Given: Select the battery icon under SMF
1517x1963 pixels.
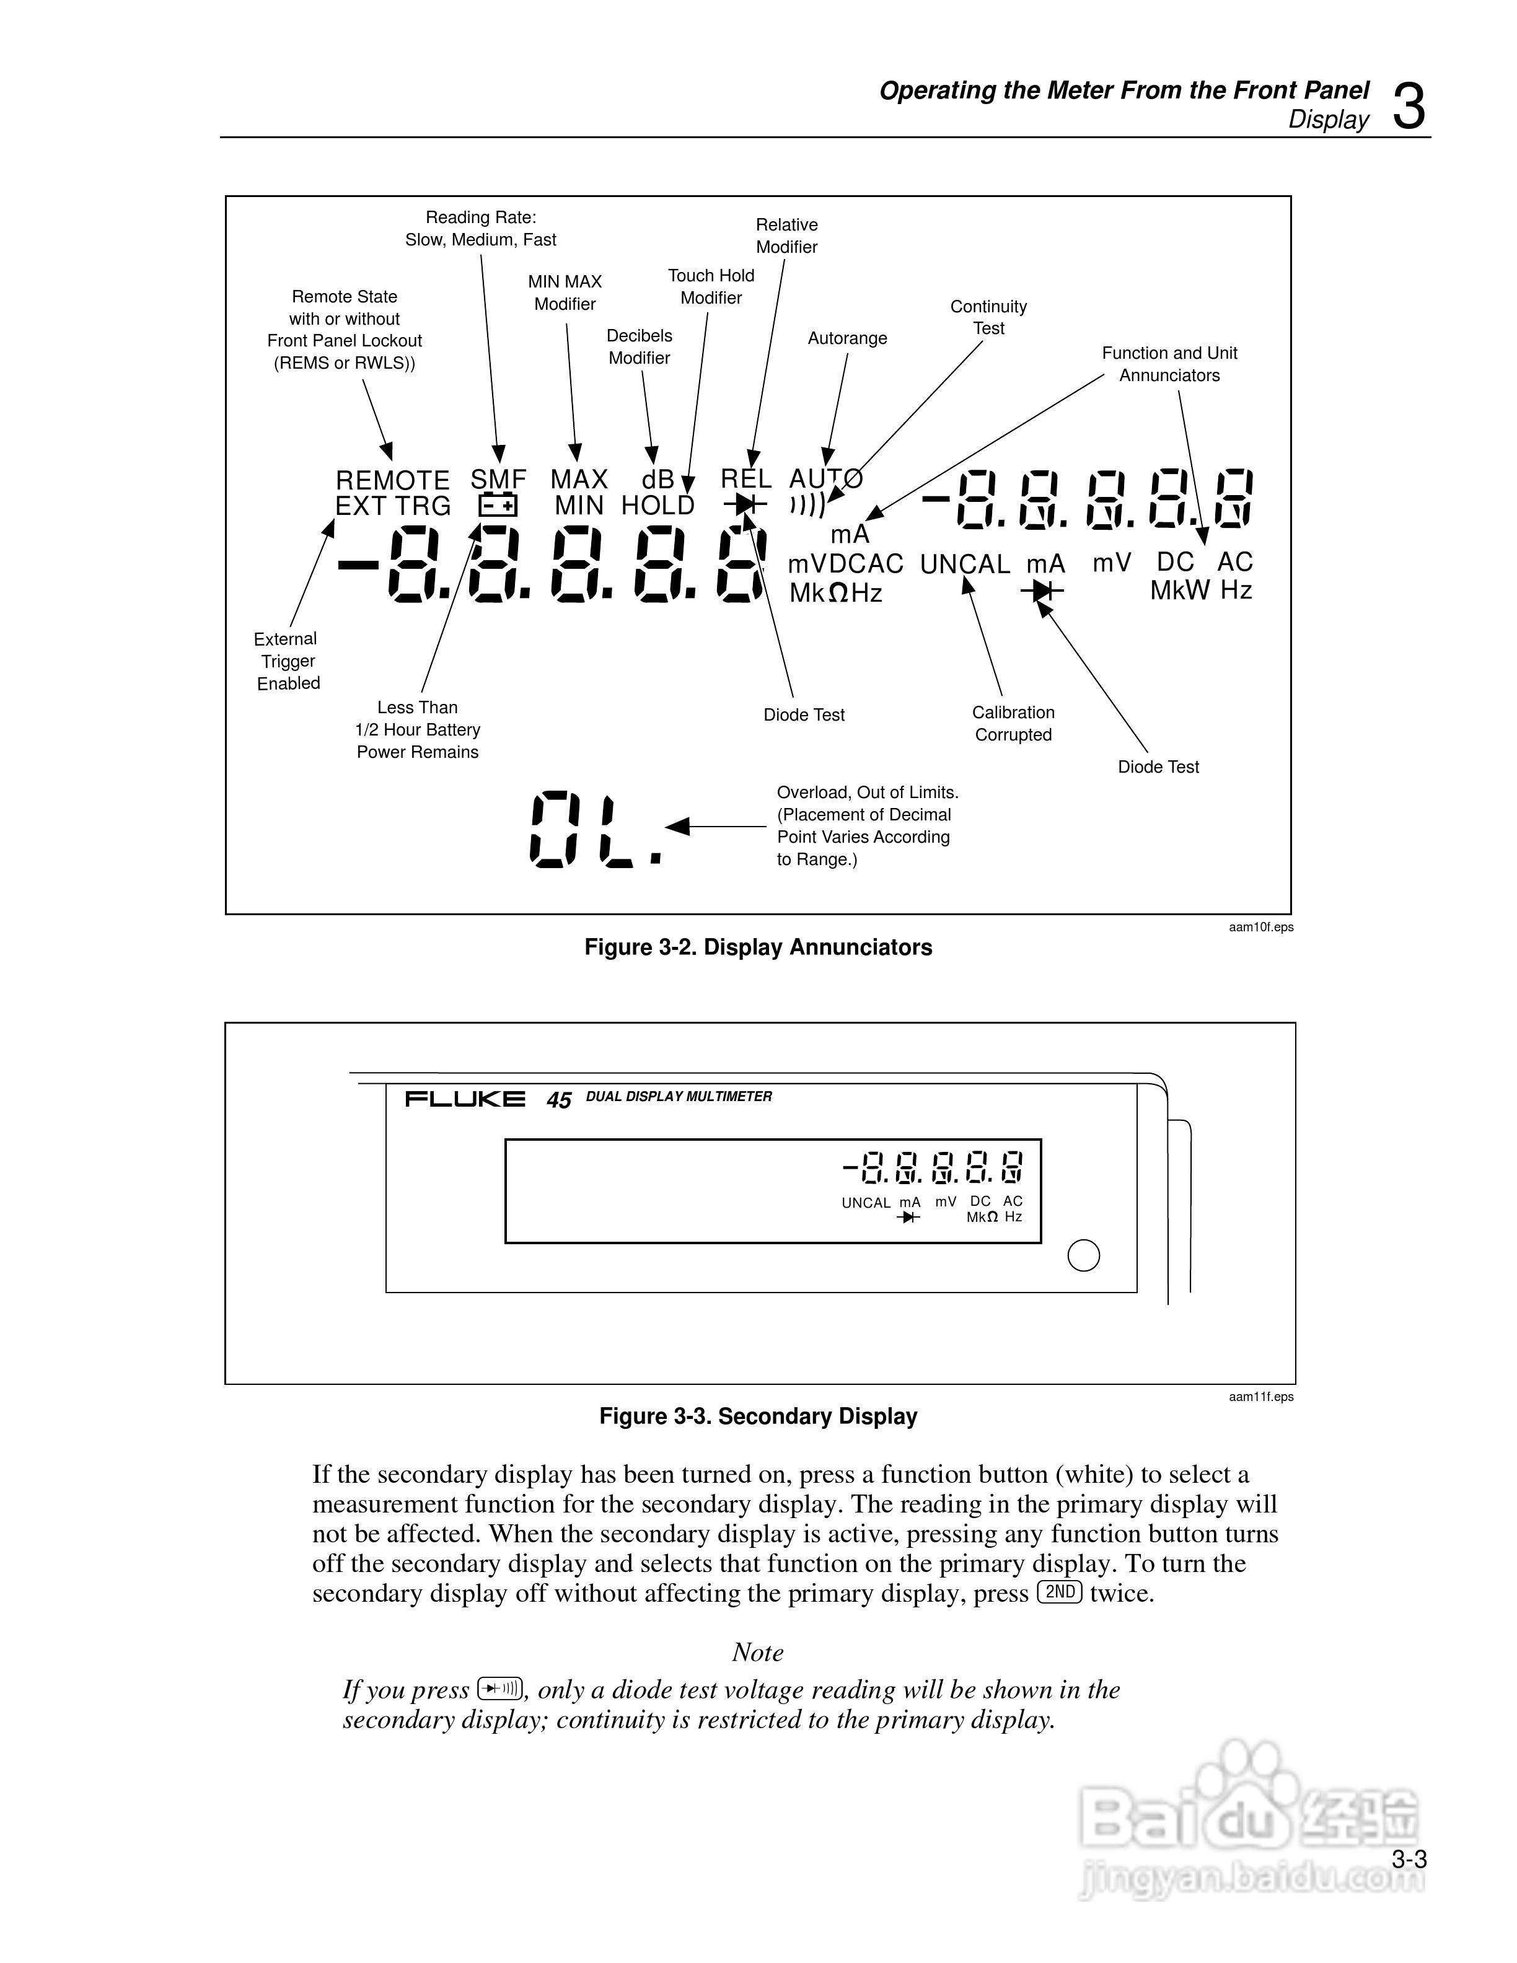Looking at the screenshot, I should pos(498,506).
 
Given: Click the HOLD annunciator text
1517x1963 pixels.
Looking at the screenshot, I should pos(658,506).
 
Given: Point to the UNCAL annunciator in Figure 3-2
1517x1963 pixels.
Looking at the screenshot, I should pos(965,564).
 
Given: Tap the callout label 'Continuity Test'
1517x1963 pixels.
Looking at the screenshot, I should pos(988,317).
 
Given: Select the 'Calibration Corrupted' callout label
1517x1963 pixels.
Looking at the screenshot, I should pos(1013,724).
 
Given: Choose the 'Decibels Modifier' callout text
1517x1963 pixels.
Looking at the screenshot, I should pos(639,347).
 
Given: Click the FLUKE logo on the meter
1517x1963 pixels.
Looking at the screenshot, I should pos(465,1099).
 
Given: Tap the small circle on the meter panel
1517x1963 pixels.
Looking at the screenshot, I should pos(1083,1255).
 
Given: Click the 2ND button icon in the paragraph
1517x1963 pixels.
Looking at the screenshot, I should pos(1060,1592).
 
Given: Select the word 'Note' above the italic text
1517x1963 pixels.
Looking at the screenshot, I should pos(758,1652).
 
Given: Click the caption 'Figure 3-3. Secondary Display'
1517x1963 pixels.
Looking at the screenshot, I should pos(758,1416).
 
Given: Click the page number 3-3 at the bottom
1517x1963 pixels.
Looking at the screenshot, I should pos(1409,1860).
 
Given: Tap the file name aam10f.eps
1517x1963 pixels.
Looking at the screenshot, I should pos(1261,927).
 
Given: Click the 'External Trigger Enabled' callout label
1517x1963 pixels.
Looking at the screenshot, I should pos(287,661).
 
